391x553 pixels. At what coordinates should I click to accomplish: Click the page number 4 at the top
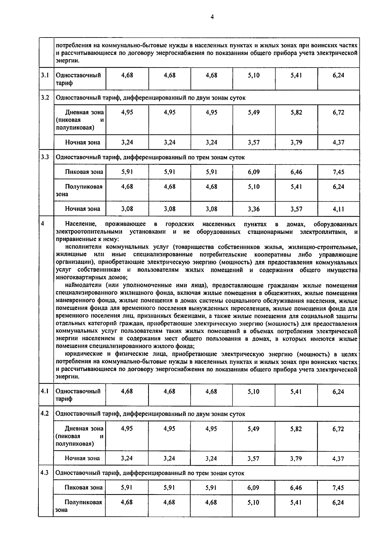tap(212, 17)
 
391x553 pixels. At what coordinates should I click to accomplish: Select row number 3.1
tap(45, 75)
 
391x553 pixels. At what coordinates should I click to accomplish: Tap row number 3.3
tap(45, 157)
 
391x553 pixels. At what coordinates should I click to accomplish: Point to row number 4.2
tap(45, 413)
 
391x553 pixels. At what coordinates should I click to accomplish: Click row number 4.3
tap(45, 472)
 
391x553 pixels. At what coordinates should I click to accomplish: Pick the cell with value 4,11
tap(339, 209)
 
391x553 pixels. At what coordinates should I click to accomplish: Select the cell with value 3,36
tap(253, 209)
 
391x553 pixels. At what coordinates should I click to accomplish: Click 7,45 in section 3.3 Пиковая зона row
tap(339, 172)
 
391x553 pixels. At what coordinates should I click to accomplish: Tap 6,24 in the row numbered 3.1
tap(339, 75)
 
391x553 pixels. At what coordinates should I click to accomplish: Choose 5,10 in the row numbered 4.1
tap(253, 392)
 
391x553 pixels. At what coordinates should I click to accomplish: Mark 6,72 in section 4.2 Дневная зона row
tap(338, 429)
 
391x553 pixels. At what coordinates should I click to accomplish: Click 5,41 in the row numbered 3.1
tap(296, 75)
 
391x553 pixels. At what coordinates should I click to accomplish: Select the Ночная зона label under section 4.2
tap(82, 458)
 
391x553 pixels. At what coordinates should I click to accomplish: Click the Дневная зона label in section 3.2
tap(84, 113)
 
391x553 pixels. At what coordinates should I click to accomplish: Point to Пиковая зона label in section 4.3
tap(83, 487)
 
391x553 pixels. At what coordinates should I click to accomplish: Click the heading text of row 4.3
tap(150, 473)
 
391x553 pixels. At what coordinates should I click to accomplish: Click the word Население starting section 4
tap(80, 224)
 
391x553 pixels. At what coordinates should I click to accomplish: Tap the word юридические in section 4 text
tap(84, 354)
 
